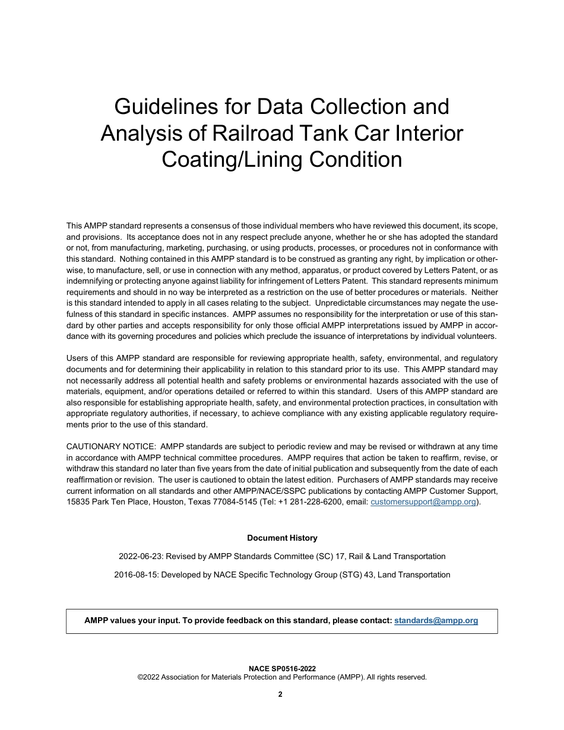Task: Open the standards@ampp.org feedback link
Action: [436, 621]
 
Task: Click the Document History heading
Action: [282, 538]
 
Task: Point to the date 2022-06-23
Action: [141, 556]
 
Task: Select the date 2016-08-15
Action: [136, 575]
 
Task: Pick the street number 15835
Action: [78, 502]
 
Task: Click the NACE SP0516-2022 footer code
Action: [282, 668]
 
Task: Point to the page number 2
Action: [280, 694]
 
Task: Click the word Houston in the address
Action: [169, 502]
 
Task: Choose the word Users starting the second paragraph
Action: [78, 358]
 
